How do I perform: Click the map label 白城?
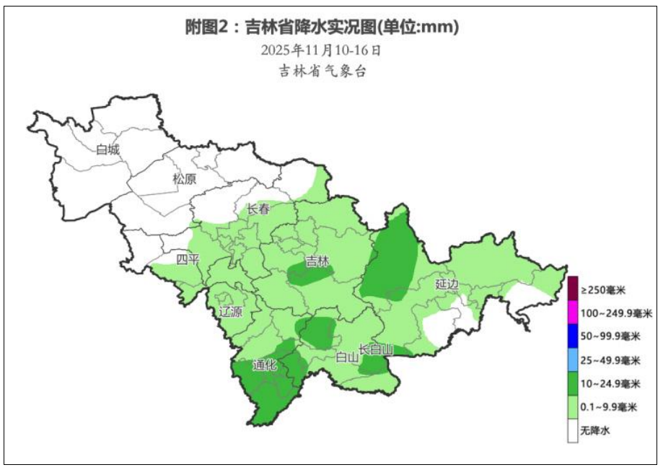pos(108,150)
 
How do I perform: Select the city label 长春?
pos(258,209)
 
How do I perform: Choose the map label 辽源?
pos(231,313)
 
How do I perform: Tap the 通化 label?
pos(265,365)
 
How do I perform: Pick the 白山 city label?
pos(347,357)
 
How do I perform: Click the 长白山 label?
pos(377,349)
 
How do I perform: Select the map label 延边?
pos(447,284)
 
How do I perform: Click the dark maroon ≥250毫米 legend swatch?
pos(572,289)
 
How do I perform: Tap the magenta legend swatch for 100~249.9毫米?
pos(572,313)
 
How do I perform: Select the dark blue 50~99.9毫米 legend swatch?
pos(572,336)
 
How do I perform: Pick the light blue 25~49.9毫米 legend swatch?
pos(572,360)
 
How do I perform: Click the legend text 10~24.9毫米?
pos(610,383)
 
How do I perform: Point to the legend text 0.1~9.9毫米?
pos(609,407)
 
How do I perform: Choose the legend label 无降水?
pos(596,431)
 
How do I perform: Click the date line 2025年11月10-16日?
pos(320,51)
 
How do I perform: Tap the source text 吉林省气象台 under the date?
pos(322,71)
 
